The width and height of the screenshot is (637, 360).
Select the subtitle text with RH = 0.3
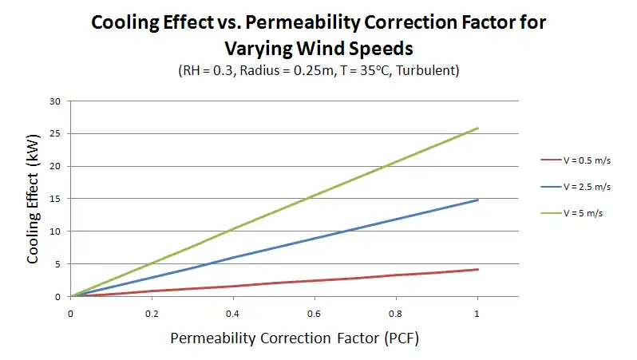(x=318, y=70)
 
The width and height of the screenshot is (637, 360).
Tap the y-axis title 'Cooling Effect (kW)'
(x=34, y=198)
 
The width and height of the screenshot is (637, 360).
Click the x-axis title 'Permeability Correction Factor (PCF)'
(x=295, y=338)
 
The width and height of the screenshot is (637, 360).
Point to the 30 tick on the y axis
(x=55, y=101)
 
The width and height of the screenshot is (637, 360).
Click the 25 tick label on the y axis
(x=55, y=134)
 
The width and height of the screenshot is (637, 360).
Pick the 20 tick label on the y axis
(x=55, y=166)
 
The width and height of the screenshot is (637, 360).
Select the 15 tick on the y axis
(x=55, y=199)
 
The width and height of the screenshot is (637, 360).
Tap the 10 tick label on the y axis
(x=55, y=231)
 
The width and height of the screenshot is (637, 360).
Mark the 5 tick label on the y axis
(x=57, y=264)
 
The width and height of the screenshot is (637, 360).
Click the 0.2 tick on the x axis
(x=152, y=313)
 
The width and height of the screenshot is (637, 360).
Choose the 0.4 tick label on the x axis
(x=234, y=313)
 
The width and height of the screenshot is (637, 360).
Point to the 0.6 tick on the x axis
(x=315, y=313)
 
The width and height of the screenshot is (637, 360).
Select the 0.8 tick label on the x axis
(x=397, y=313)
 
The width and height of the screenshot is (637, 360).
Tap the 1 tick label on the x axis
(x=477, y=313)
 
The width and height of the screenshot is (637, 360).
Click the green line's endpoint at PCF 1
(x=478, y=128)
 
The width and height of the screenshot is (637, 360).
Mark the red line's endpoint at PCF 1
(x=478, y=269)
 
